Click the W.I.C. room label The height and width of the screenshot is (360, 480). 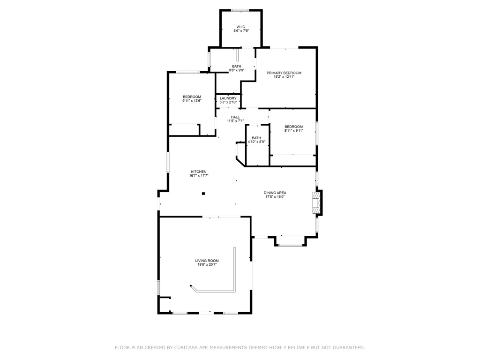point(241,27)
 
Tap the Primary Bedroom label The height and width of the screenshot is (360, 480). point(284,73)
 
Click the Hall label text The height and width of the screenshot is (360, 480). point(235,117)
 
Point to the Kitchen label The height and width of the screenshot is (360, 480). point(198,172)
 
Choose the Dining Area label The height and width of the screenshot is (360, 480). point(275,193)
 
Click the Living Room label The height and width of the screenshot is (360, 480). point(207,261)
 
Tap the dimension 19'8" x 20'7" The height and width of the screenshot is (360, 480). point(207,265)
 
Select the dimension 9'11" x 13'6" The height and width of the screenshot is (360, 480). point(192,101)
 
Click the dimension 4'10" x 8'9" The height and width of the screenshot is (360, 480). point(256,142)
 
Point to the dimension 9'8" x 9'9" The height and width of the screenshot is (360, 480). point(236,70)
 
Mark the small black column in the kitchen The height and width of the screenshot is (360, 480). point(203,193)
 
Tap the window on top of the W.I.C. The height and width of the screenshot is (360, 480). point(240,10)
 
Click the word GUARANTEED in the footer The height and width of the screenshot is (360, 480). point(349,348)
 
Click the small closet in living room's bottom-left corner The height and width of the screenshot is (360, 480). point(164,305)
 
